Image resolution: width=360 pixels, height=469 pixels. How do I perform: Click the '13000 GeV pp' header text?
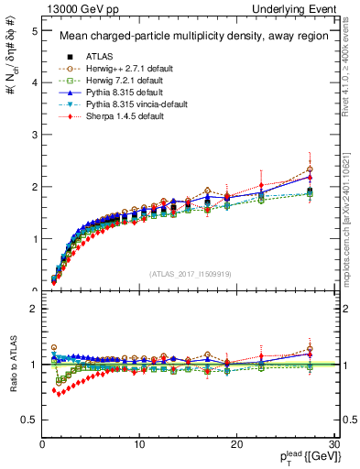tap(73, 8)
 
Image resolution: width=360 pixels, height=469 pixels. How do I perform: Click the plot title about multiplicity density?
tap(184, 37)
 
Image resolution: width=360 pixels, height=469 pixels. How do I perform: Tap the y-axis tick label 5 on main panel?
tap(34, 31)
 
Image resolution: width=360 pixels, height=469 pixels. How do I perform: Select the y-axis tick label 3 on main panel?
tap(34, 135)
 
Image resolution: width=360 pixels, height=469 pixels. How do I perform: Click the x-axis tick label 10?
tap(139, 444)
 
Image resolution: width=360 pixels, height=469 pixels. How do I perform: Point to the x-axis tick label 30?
tap(334, 444)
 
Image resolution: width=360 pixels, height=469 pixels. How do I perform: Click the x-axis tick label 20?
tap(237, 444)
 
